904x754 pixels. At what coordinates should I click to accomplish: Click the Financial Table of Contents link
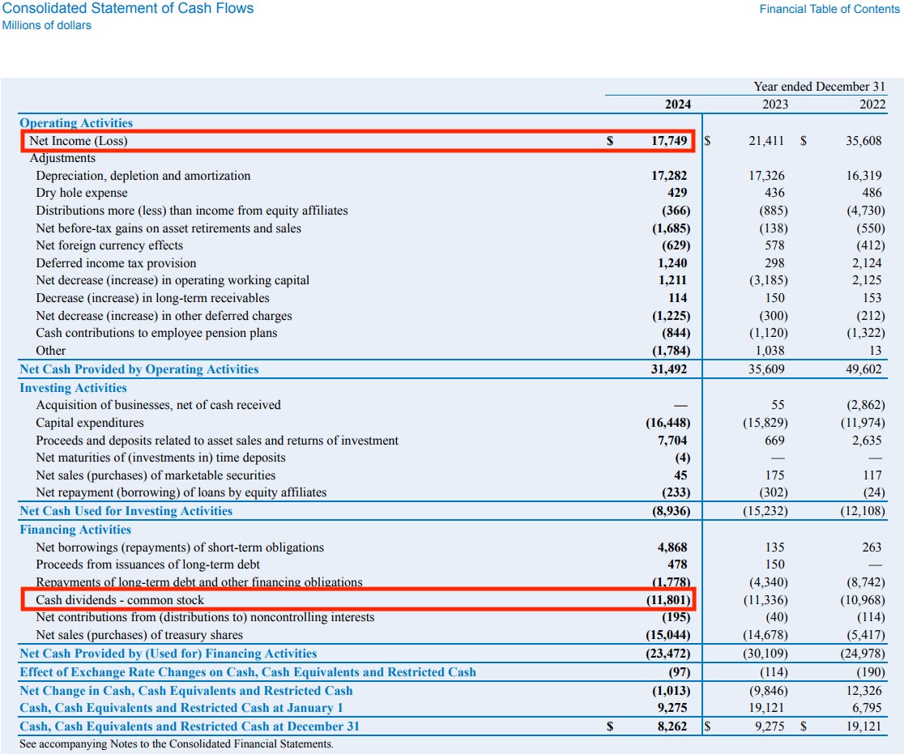click(829, 9)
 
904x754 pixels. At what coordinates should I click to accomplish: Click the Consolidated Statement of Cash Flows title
click(128, 9)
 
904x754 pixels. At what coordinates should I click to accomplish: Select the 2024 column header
click(678, 104)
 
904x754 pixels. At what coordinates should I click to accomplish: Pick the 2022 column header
click(872, 104)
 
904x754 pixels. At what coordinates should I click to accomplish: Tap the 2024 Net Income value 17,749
click(669, 141)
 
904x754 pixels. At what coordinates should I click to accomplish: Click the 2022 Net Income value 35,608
click(863, 141)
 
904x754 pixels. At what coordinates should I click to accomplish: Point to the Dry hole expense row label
click(82, 193)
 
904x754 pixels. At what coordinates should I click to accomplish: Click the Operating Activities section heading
click(76, 123)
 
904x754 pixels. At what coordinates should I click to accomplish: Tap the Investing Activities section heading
click(74, 388)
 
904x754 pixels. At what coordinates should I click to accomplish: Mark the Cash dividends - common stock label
click(120, 600)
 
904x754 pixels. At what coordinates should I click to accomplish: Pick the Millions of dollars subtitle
click(47, 26)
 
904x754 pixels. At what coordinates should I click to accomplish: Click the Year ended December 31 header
click(819, 87)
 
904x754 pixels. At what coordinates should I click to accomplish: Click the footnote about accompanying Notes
click(176, 743)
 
